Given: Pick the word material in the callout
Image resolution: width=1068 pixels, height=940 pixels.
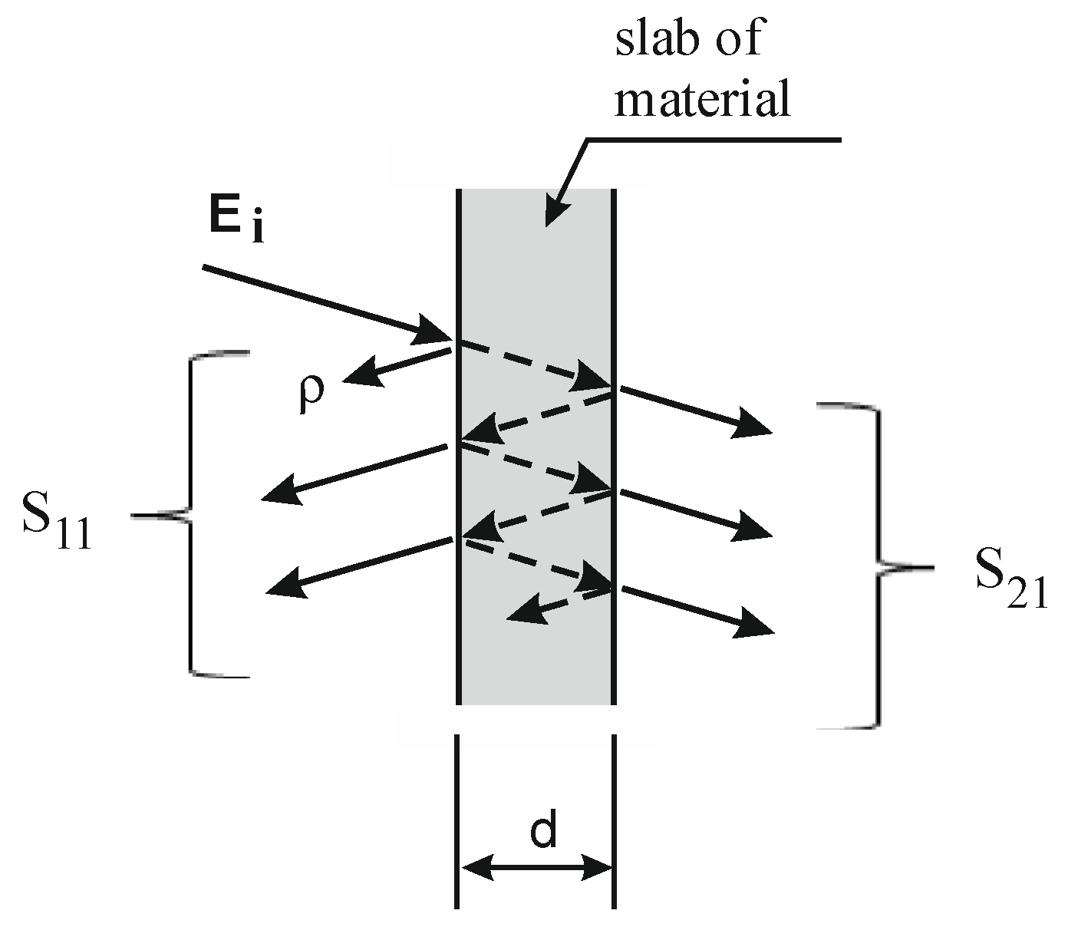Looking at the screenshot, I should click(701, 100).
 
